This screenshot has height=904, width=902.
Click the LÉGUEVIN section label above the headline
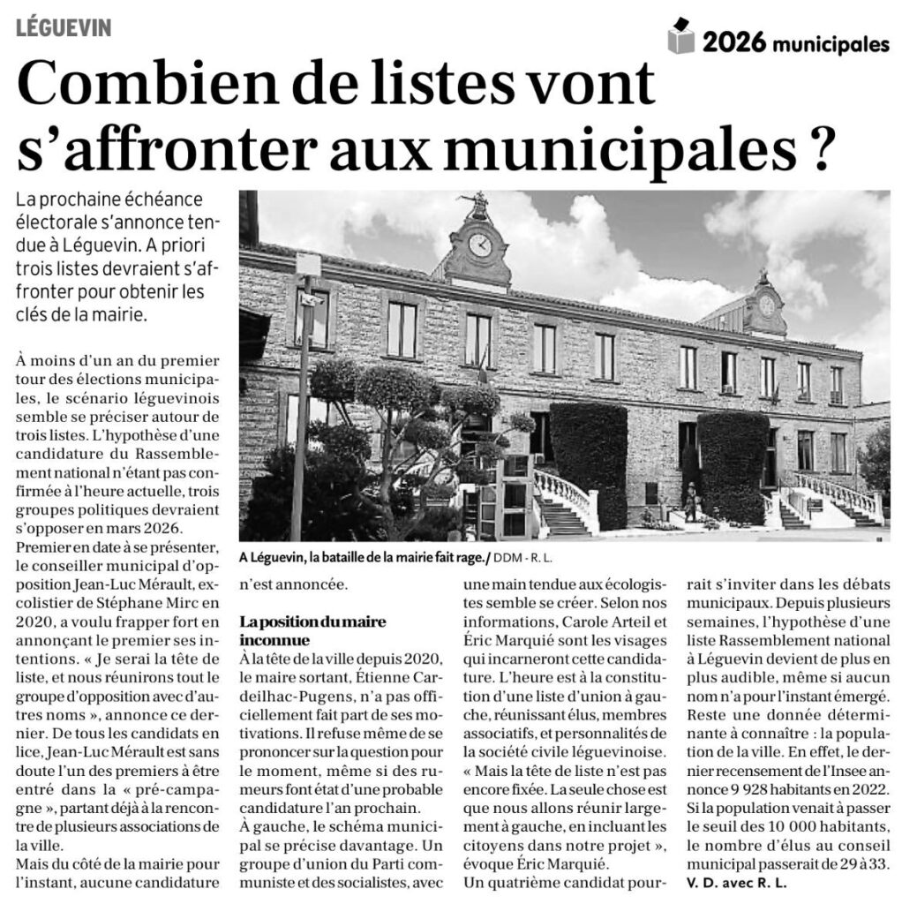click(63, 28)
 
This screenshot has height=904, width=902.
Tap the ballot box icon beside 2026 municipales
click(681, 36)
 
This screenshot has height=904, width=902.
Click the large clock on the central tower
click(480, 245)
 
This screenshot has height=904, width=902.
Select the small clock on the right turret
click(766, 306)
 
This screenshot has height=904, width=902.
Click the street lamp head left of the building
click(308, 265)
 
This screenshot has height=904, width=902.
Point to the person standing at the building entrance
click(690, 500)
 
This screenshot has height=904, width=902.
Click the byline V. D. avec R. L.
click(737, 881)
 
